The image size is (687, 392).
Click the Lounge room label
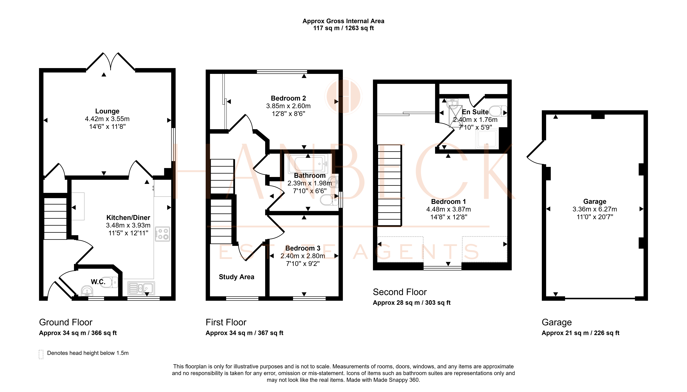(x=107, y=111)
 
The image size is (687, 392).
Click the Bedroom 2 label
(x=288, y=98)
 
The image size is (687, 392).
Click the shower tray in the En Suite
(x=487, y=139)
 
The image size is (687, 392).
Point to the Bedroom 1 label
(x=448, y=202)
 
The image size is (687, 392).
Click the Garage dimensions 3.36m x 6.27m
(x=595, y=209)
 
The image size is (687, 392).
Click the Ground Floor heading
(x=66, y=322)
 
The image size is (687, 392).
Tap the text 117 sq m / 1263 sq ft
(x=344, y=28)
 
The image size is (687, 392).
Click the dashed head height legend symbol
(x=41, y=354)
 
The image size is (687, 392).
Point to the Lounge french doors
(x=111, y=61)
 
